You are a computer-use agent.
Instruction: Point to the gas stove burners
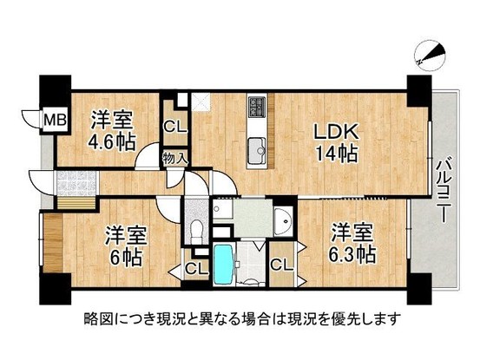[258, 108]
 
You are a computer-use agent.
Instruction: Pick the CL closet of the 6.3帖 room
[282, 266]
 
